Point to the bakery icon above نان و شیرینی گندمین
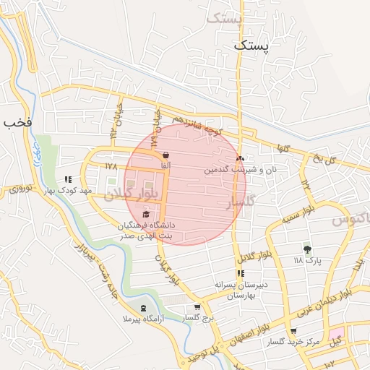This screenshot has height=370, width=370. [241, 158]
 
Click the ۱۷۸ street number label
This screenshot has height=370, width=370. [110, 166]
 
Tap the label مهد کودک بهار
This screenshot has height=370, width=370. [67, 191]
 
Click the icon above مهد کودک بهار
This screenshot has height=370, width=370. [68, 178]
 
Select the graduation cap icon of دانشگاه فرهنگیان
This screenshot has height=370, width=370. [147, 214]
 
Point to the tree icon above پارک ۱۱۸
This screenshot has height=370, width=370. [308, 248]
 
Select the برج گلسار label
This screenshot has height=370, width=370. [199, 318]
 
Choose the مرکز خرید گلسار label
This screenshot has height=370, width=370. [293, 341]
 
